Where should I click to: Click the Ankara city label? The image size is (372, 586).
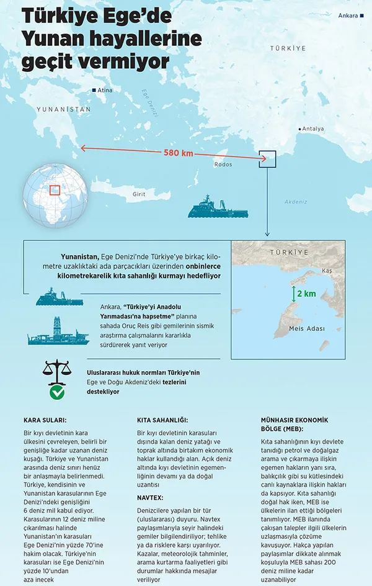point(348,16)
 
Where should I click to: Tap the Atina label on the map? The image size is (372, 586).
point(105,91)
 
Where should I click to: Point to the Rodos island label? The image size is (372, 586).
point(223,165)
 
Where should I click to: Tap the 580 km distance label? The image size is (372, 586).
point(179,153)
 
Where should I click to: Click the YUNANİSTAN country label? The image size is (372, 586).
point(63,109)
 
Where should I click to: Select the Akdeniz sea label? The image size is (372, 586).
point(296,202)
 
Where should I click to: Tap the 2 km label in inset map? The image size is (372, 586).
point(306,293)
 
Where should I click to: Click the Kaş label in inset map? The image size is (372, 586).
point(327,271)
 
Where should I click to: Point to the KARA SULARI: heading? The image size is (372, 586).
point(45,420)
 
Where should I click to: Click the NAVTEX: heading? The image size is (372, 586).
point(151,498)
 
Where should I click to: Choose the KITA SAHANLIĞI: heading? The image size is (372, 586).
point(162,420)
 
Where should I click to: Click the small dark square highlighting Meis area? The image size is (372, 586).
point(267,158)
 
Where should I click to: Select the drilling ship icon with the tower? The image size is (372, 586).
point(58,330)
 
